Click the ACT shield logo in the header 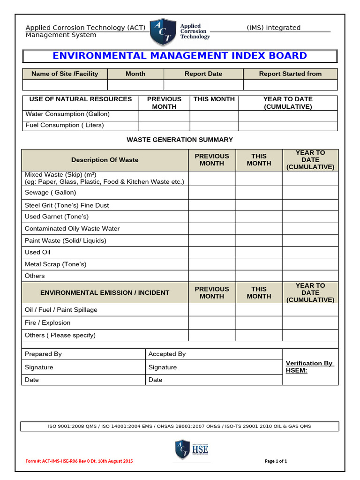pos(162,32)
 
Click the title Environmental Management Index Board pos(180,56)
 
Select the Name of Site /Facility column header pos(65,74)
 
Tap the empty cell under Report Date pos(203,85)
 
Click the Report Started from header pos(290,74)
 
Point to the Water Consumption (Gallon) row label pos(67,114)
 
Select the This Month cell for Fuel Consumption pos(214,126)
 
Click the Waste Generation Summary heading pos(180,140)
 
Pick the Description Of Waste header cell pos(105,160)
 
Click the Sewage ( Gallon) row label pos(50,193)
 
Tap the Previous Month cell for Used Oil pos(212,252)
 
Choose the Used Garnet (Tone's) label pos(56,217)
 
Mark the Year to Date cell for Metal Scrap pos(310,264)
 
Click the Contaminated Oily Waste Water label pos(72,229)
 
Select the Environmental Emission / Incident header pos(105,292)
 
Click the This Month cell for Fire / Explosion pos(259,322)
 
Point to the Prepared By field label pos(43,354)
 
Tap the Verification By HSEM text pos(309,367)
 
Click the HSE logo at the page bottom pos(192,449)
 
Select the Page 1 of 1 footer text pos(276,461)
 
